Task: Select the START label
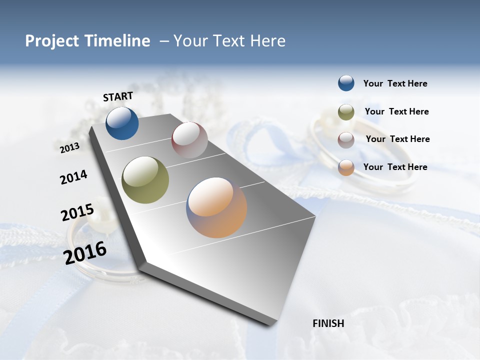coord(118,96)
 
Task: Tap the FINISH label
coord(328,323)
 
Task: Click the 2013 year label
coord(69,148)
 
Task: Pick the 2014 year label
coord(74,177)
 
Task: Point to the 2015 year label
coord(77,212)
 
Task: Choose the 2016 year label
coord(85,253)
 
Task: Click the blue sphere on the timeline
coord(122,123)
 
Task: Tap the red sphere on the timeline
coord(189,140)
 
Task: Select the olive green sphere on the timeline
coord(145,180)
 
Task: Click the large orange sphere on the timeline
coord(216,207)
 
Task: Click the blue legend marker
coord(346,83)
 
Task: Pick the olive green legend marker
coord(346,112)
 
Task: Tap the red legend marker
coord(346,140)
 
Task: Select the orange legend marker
coord(346,167)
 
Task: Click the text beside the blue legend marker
coord(395,84)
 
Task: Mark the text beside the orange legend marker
coord(395,167)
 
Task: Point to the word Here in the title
coord(268,41)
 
